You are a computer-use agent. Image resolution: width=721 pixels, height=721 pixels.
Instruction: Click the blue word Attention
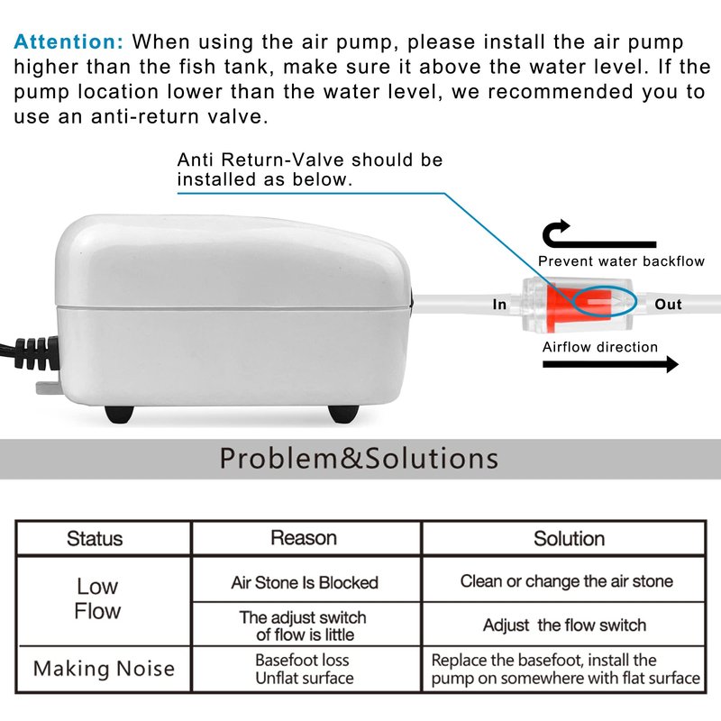click(x=69, y=41)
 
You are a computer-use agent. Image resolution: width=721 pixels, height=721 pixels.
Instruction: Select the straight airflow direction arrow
click(x=609, y=364)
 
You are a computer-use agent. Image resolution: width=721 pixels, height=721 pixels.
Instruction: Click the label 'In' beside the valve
click(x=499, y=305)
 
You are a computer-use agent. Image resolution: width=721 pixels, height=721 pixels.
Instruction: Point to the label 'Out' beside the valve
click(x=668, y=305)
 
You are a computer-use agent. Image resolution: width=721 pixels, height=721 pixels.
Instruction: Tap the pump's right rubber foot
click(x=341, y=413)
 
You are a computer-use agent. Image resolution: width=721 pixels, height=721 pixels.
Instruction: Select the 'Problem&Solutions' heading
click(x=359, y=458)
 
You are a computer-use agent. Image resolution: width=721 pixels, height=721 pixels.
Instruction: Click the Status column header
click(x=95, y=539)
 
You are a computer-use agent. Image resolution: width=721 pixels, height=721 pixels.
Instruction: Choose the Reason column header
click(x=304, y=538)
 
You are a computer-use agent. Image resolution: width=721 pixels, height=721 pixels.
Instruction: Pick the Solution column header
click(x=569, y=539)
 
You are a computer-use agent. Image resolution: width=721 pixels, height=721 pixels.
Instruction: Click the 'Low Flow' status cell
click(x=97, y=598)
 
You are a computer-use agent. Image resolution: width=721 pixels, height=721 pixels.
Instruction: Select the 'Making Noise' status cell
click(x=104, y=669)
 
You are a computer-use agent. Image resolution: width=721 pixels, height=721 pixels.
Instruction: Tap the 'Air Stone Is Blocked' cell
click(x=305, y=582)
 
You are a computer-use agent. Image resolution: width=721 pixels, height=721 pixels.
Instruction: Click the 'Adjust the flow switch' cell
click(x=564, y=625)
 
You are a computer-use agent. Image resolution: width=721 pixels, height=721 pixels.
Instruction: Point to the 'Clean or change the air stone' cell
click(x=566, y=581)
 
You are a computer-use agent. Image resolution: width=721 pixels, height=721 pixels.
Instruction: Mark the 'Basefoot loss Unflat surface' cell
click(x=304, y=669)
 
